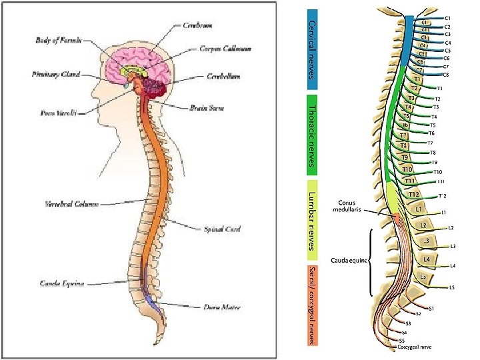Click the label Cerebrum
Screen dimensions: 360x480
coord(199,25)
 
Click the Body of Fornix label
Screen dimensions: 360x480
coord(59,41)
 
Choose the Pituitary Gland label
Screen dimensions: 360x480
coord(56,74)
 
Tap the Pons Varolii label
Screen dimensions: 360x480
coord(54,113)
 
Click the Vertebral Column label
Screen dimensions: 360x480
coord(71,203)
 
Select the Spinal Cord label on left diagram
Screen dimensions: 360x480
coord(221,229)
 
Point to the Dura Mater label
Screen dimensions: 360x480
coord(221,307)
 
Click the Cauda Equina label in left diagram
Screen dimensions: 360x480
coord(61,283)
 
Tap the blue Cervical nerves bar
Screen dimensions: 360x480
coord(312,48)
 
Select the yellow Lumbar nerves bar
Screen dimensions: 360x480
coord(312,220)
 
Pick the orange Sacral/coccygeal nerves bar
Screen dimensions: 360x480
coord(312,305)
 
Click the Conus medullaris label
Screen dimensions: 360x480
coord(347,206)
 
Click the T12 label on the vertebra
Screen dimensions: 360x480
coord(413,195)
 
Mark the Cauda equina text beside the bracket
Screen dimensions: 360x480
coord(349,260)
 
